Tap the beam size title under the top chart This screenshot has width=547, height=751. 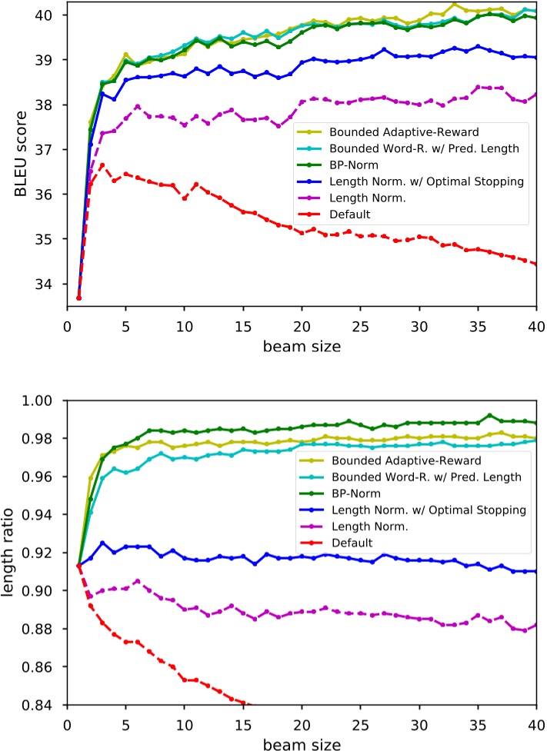click(302, 346)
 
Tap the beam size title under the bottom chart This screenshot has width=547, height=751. click(302, 743)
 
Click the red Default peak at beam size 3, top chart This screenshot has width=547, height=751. click(102, 164)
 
